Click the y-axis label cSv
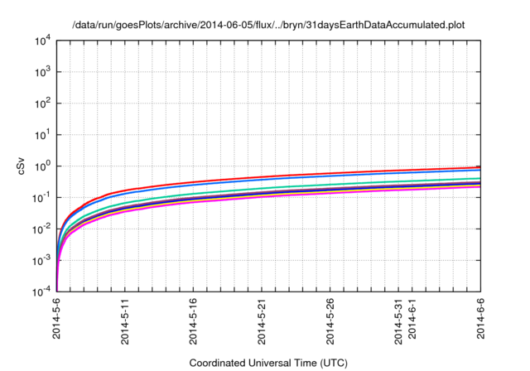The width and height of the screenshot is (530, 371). [x=22, y=166]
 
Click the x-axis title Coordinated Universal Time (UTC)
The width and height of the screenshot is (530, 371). [x=267, y=363]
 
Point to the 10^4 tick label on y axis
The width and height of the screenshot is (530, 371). [x=43, y=40]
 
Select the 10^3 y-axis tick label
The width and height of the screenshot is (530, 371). [x=43, y=71]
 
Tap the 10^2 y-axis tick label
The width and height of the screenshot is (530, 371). [x=43, y=103]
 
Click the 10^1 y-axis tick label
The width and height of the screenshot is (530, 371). [x=43, y=134]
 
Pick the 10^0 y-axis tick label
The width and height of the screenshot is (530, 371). [x=43, y=166]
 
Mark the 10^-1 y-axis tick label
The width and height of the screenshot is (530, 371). [x=41, y=197]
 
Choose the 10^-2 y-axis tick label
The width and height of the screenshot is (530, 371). [x=41, y=229]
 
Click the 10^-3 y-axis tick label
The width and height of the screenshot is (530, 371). [x=41, y=260]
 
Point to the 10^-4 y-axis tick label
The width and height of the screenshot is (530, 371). [x=41, y=291]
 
